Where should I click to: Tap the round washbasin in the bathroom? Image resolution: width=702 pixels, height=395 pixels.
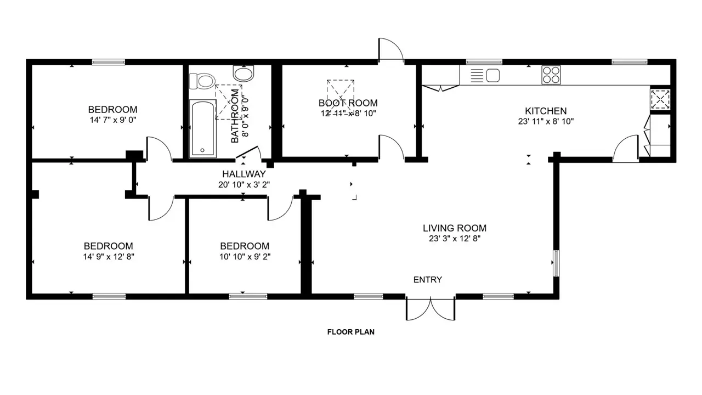pos(244,74)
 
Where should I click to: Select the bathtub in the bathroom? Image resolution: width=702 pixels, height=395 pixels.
pos(203,128)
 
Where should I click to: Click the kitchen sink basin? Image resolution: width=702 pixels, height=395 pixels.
pos(492,76)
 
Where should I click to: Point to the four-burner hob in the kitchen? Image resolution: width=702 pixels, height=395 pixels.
pos(551,75)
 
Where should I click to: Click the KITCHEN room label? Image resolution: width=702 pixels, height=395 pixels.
pos(546,111)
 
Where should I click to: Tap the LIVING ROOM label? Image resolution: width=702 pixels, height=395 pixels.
pos(455,228)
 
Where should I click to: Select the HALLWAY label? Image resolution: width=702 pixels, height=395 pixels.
pos(244,174)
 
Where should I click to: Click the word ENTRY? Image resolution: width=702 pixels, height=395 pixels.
pos(428,280)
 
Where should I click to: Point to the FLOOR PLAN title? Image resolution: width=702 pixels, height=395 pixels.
pos(351,332)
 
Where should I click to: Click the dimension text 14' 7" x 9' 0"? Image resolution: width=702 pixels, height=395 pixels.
pos(113,120)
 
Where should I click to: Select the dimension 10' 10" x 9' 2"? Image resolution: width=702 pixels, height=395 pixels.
pos(245,257)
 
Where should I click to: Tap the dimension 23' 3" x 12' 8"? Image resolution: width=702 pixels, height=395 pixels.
pos(455,239)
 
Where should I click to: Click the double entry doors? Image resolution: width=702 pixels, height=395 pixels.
pos(431,308)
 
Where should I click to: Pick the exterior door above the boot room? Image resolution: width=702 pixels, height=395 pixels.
pos(391,49)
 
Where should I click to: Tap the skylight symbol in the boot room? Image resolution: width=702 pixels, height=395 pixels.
pos(341,93)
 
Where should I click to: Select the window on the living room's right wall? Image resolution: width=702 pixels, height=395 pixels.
pos(556,263)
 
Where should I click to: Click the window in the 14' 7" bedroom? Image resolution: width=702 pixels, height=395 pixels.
pos(109,62)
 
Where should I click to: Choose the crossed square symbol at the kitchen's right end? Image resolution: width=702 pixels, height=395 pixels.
pos(660,99)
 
